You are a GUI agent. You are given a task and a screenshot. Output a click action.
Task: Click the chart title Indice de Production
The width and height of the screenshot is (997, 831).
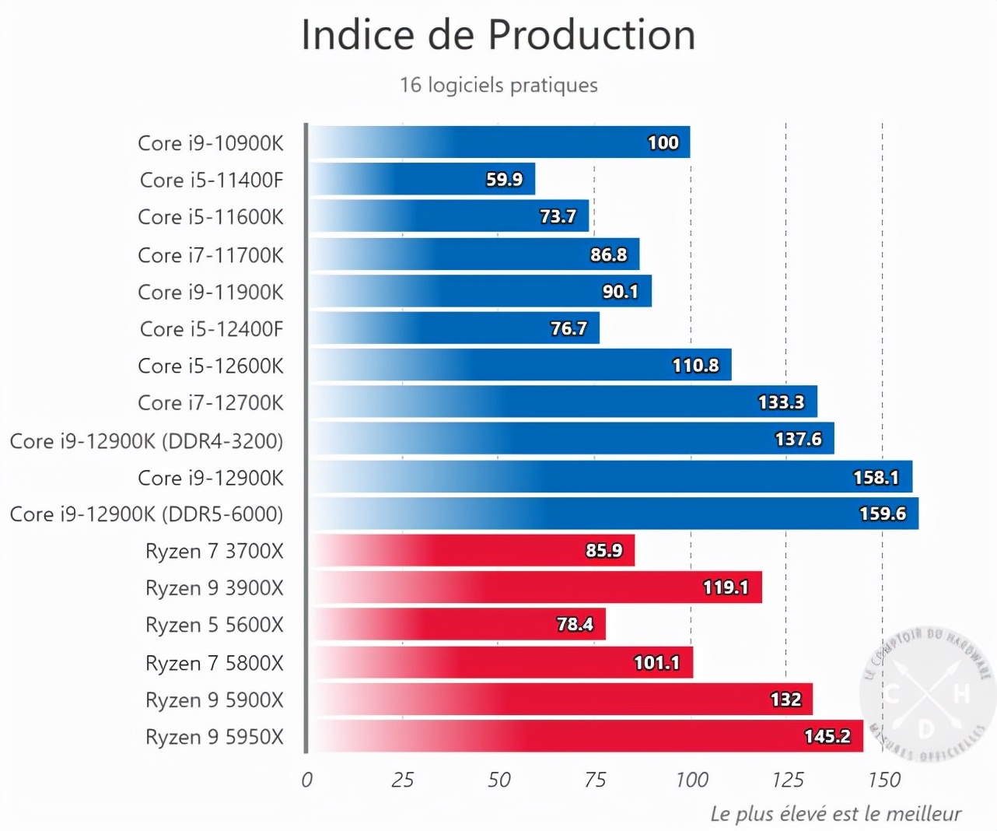coord(499,35)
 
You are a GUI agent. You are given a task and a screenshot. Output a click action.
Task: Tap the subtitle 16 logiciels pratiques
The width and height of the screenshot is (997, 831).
coord(499,85)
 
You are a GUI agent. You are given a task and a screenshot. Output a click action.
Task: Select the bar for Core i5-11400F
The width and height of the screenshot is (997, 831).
coord(422,179)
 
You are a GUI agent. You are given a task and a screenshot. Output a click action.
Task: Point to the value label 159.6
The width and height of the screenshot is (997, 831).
coord(882,514)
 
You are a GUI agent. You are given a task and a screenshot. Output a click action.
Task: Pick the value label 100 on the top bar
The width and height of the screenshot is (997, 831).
coord(663,142)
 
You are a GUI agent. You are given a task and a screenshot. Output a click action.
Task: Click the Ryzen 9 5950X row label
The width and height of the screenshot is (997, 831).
coord(215,737)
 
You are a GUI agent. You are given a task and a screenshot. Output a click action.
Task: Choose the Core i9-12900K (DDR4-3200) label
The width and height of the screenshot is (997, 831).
coord(146,441)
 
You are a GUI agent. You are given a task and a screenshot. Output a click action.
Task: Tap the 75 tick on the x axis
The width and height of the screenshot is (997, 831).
coord(595,780)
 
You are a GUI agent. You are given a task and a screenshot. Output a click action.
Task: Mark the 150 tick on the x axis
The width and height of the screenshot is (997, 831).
coord(884,780)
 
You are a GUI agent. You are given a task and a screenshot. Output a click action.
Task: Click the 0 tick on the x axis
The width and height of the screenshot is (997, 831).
coord(306,780)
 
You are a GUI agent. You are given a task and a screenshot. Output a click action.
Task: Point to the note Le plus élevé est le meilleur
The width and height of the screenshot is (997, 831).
coord(835,814)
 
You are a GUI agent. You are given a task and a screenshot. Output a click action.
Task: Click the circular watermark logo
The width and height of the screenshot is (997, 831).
coord(926,692)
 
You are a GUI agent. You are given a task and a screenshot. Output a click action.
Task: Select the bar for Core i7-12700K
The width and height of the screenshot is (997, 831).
coord(563,401)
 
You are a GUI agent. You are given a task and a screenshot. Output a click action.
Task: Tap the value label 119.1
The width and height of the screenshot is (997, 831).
coord(725,587)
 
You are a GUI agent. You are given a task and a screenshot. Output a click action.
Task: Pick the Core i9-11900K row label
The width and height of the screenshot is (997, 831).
coord(211,292)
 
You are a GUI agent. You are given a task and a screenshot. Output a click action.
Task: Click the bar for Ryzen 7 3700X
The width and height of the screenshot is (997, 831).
coord(472,550)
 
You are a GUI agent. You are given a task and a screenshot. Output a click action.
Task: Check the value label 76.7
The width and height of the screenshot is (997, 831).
coord(568,328)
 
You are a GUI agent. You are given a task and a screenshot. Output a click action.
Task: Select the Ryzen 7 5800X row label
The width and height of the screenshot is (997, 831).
coord(215,663)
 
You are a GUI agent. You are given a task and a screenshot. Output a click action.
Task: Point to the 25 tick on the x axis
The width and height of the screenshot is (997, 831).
coord(403,780)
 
